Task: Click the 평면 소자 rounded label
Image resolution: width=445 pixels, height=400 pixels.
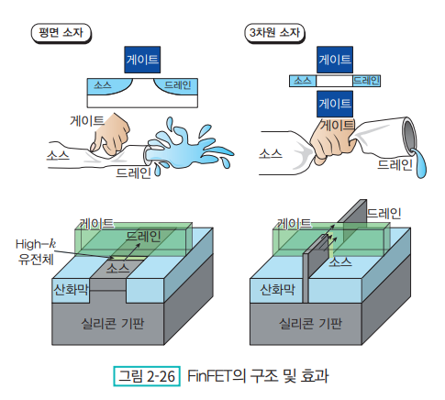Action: click(61, 33)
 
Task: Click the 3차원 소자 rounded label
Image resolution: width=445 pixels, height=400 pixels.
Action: click(274, 33)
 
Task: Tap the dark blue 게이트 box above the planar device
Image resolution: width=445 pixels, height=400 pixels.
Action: click(142, 60)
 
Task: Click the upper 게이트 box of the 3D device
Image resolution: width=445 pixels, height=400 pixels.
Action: click(335, 60)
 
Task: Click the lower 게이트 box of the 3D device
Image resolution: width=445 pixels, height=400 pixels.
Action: click(335, 104)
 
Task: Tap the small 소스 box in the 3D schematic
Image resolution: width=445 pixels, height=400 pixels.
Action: click(303, 81)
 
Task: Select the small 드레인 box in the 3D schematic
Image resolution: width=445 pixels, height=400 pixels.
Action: click(366, 81)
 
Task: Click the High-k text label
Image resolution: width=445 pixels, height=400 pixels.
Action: click(36, 244)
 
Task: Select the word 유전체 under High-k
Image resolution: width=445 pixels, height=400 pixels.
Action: click(36, 260)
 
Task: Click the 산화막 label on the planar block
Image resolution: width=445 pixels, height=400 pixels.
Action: click(71, 289)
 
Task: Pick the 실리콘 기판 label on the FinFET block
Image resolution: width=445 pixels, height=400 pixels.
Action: click(310, 324)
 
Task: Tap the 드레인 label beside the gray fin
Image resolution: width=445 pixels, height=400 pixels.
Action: click(384, 213)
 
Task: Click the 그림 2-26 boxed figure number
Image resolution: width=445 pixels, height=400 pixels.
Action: click(147, 376)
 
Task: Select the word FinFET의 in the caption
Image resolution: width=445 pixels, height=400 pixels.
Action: click(217, 376)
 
